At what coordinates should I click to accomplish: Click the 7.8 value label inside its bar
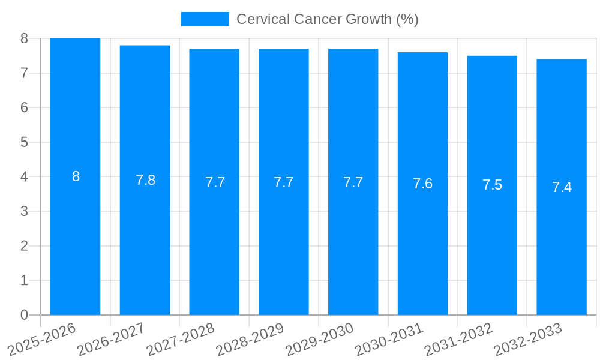coord(145,180)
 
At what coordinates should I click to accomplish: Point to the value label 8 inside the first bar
coord(76,176)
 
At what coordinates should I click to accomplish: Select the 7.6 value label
coord(422,184)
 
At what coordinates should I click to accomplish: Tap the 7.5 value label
coord(492,185)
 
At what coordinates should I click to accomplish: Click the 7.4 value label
coord(562,187)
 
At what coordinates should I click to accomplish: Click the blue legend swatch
coord(205,19)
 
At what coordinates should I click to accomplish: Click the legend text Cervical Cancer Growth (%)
coord(327,19)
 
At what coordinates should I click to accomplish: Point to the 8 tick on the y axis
coord(24,38)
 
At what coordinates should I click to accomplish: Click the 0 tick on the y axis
coord(24,315)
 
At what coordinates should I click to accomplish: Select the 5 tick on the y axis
coord(24,142)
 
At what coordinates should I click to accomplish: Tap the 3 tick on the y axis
coord(24,211)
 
